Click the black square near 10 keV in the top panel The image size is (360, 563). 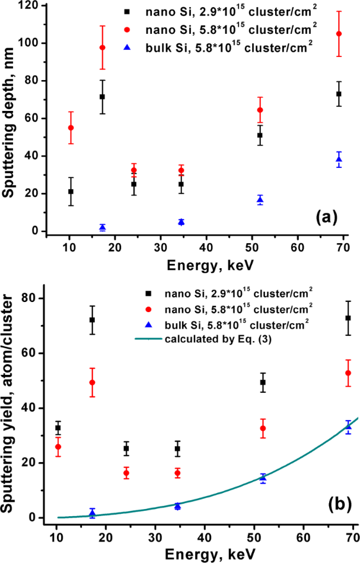(x=71, y=192)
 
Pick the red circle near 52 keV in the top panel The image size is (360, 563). (x=260, y=110)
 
